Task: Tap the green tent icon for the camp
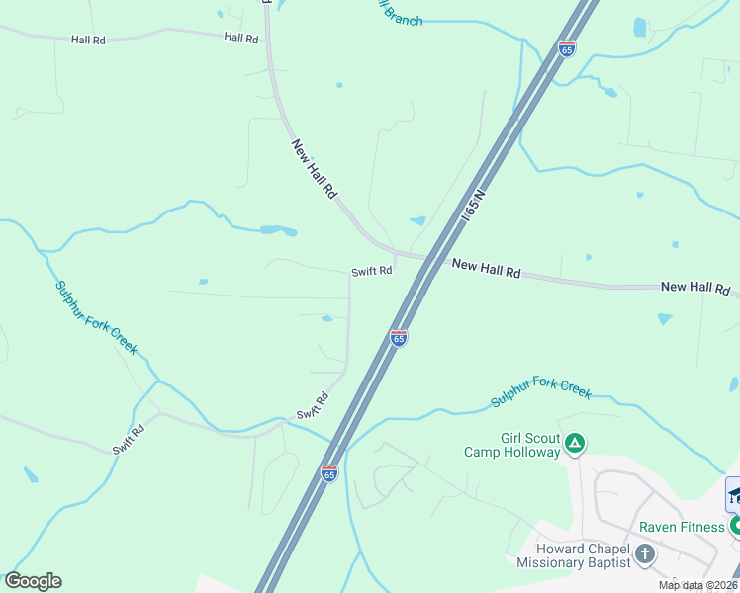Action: coord(575,445)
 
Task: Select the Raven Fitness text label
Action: coord(681,527)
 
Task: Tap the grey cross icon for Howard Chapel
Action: coord(645,553)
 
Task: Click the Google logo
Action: coord(33,581)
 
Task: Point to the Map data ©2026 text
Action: coord(697,585)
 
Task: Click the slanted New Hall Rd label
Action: coord(315,169)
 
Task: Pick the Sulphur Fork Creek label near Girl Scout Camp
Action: coord(541,391)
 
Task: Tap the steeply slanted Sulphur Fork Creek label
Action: coord(96,318)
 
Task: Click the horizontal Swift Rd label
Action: coord(372,271)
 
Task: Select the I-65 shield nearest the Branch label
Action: coord(566,49)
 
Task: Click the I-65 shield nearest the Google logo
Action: coord(329,473)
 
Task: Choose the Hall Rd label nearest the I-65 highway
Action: coord(240,38)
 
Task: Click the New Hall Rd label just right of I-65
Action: coord(486,269)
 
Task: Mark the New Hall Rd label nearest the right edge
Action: coord(694,287)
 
